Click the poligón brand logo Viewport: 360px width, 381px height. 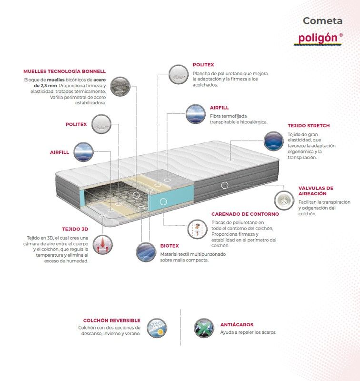click(x=318, y=39)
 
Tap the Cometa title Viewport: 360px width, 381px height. click(x=322, y=21)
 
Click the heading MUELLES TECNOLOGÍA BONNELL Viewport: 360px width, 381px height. click(x=64, y=71)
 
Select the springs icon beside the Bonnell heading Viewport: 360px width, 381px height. click(x=120, y=86)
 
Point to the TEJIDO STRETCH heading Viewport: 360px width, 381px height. click(x=309, y=126)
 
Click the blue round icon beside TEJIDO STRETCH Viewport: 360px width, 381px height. click(x=274, y=141)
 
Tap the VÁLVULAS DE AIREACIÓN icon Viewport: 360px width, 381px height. click(x=284, y=201)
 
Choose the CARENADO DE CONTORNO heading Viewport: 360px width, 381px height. click(x=245, y=214)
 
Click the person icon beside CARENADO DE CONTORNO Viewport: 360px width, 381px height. click(x=197, y=229)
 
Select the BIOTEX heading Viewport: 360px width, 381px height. click(x=170, y=246)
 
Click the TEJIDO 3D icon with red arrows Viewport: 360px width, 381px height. click(x=103, y=245)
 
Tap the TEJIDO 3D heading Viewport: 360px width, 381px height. click(x=75, y=229)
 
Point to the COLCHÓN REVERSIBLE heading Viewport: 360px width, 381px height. click(x=112, y=321)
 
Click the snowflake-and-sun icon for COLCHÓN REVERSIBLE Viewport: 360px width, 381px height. click(x=157, y=328)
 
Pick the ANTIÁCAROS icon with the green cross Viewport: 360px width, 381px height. click(x=204, y=328)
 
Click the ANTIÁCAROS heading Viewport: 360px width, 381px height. click(x=237, y=325)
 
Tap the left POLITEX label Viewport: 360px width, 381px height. click(x=76, y=124)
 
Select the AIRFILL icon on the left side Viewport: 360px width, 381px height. click(x=83, y=152)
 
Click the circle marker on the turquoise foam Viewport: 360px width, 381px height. click(x=163, y=201)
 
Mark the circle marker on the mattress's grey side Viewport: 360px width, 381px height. click(x=225, y=185)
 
